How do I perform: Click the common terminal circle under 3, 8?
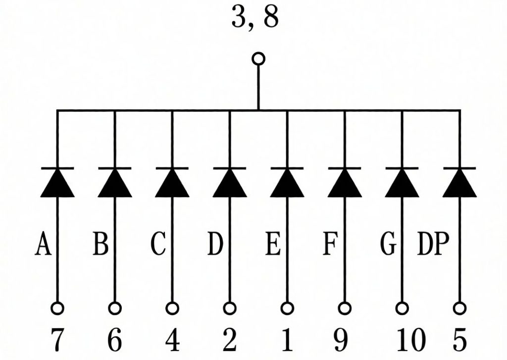[x=258, y=59]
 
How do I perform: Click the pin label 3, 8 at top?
[x=255, y=17]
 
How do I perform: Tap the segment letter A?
[x=43, y=243]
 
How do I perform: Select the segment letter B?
[x=100, y=243]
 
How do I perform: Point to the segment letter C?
[x=158, y=243]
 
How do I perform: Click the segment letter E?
[x=273, y=243]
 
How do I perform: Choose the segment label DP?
[x=433, y=243]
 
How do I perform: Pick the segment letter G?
[x=388, y=243]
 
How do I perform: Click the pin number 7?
[x=57, y=340]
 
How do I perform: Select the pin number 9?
[x=341, y=340]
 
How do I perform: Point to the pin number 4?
[x=172, y=340]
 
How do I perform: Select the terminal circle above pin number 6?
[x=115, y=308]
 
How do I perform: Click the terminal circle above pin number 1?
[x=287, y=308]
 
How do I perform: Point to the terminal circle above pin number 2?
[x=230, y=308]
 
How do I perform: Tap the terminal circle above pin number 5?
[x=459, y=308]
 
